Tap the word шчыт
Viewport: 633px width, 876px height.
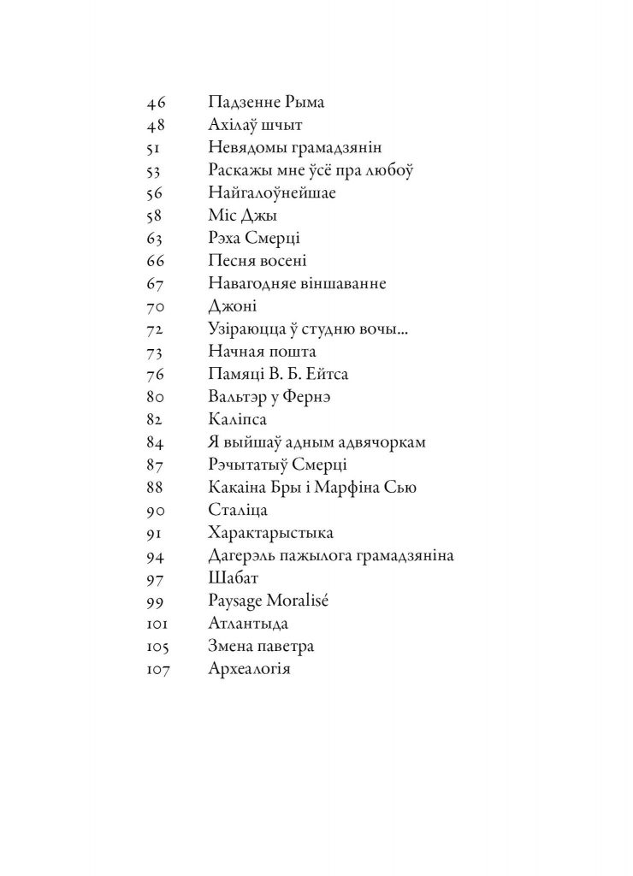click(x=281, y=126)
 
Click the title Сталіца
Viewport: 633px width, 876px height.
click(x=238, y=510)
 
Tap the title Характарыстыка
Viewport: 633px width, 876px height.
click(x=270, y=532)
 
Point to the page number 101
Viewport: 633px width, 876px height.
click(x=159, y=623)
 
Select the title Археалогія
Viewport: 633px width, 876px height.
click(x=250, y=668)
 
